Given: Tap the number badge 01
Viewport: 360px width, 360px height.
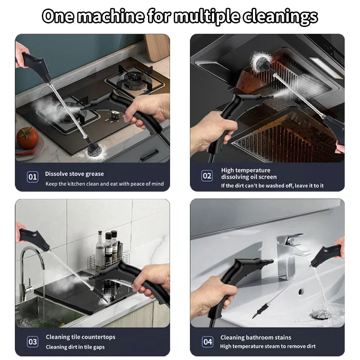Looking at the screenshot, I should [x=33, y=177].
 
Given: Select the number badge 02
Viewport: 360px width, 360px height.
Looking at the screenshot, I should [x=207, y=176].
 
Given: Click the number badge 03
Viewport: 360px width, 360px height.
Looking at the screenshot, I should [x=33, y=342].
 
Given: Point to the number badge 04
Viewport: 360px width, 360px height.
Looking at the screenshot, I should [x=207, y=342].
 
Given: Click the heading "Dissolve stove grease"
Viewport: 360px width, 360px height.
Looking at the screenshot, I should [x=74, y=174].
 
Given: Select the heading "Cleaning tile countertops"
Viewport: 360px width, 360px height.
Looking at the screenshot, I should [x=81, y=337].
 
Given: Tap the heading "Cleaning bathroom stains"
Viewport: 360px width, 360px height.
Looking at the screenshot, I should [x=256, y=337].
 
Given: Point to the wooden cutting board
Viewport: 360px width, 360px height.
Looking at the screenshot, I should [x=157, y=47].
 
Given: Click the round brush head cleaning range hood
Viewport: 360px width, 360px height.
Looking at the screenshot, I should [x=260, y=60].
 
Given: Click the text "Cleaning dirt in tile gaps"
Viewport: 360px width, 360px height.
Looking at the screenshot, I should [x=76, y=347].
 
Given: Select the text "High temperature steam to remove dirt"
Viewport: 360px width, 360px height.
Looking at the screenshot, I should [x=267, y=346].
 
